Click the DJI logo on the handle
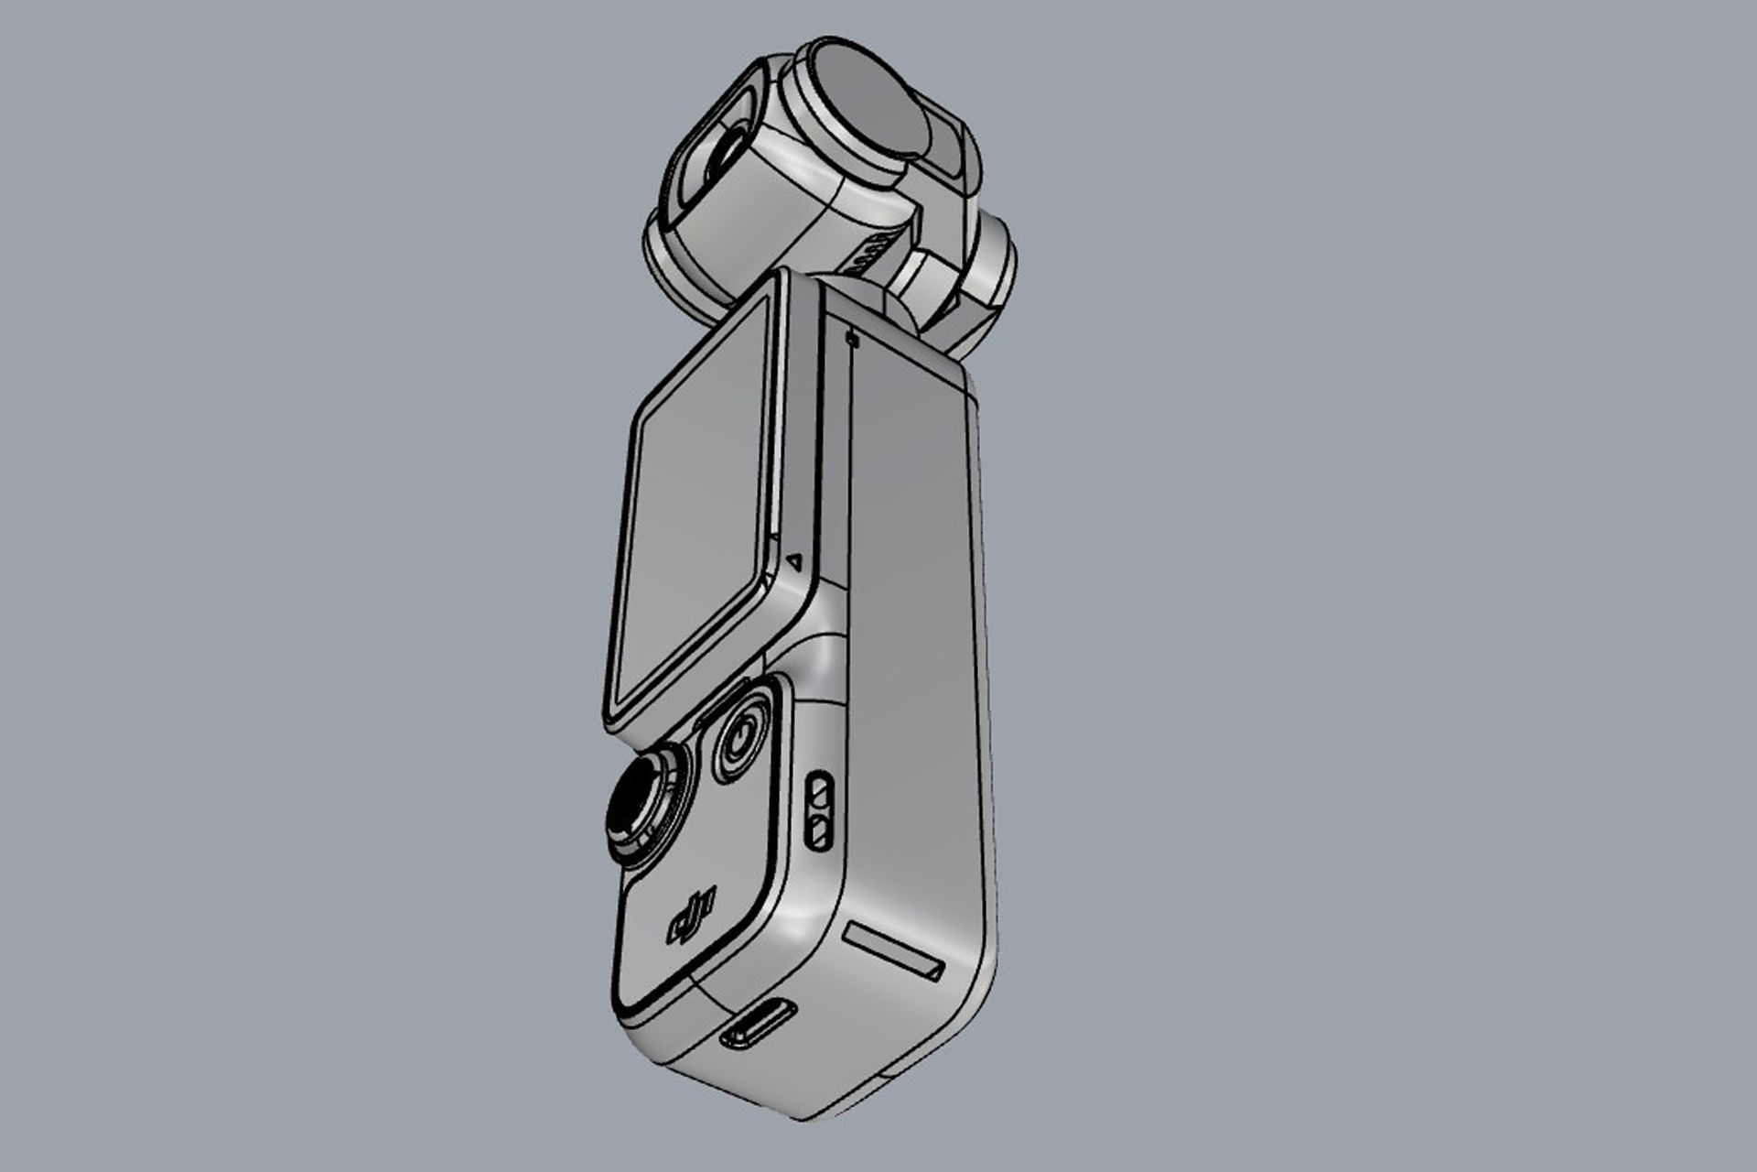tap(693, 915)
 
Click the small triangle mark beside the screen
tap(795, 560)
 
